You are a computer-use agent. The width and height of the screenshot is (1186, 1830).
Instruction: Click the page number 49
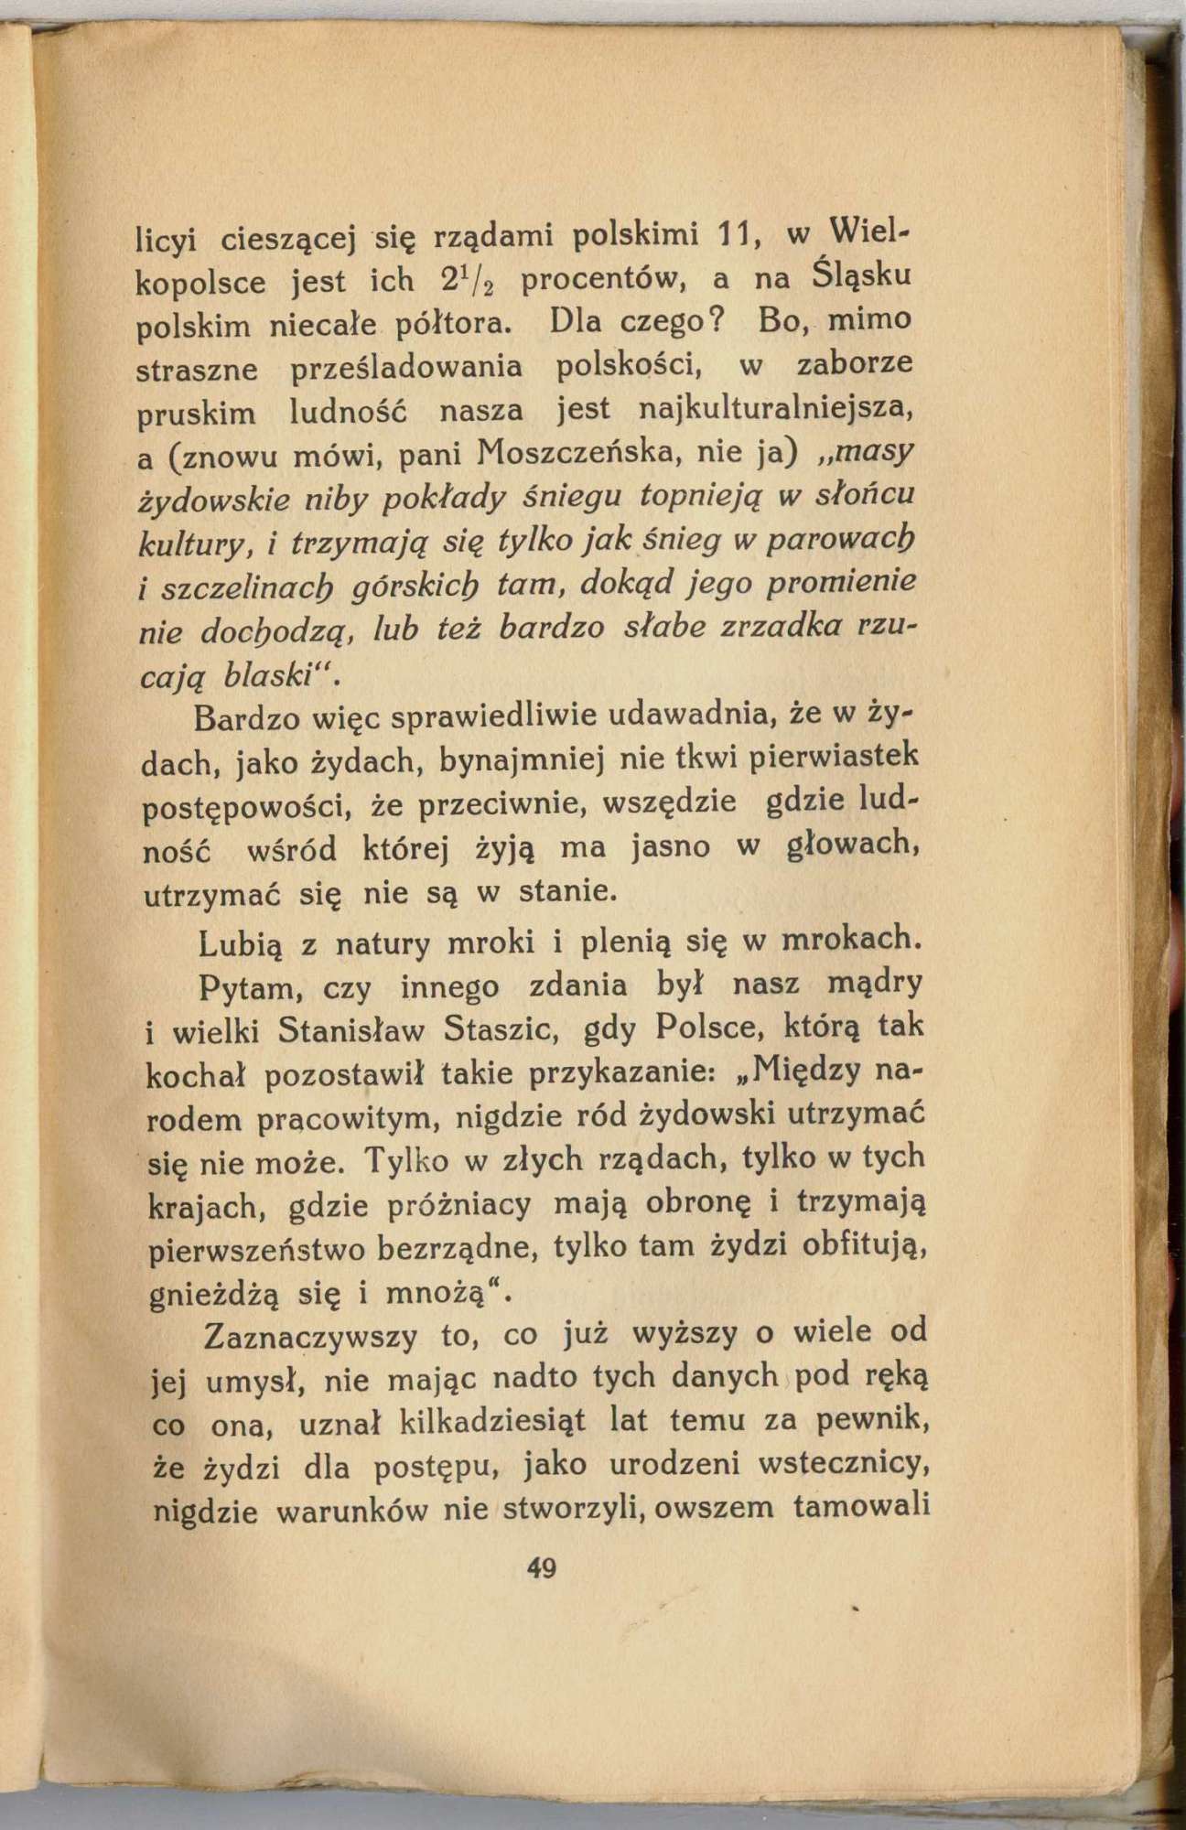pos(542,1568)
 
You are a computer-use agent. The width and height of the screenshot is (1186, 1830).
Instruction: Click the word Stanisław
pos(350,1030)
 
